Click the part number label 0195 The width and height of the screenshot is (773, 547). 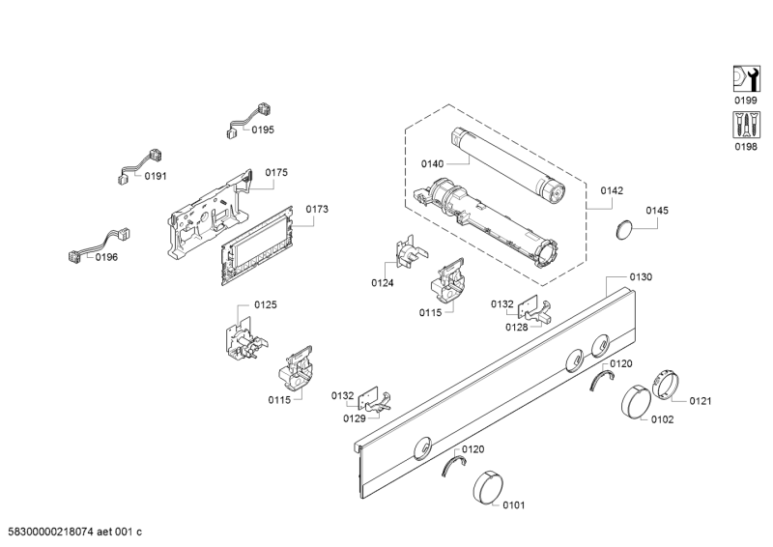coord(263,130)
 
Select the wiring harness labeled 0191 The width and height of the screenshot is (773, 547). coord(141,167)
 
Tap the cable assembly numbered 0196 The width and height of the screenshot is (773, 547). coord(100,245)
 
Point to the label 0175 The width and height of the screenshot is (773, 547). coord(276,172)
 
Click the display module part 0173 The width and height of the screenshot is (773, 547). coord(257,245)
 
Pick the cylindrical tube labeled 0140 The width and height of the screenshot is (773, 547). coord(508,164)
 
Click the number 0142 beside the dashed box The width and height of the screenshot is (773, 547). coord(612,190)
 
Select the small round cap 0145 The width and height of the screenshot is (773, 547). coord(624,230)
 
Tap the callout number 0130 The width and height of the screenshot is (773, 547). coord(641,276)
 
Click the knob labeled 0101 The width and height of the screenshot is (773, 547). coord(488,488)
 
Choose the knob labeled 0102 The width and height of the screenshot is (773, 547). coord(637,403)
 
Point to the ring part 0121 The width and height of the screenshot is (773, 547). coord(665,385)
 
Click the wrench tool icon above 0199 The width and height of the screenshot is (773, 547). coord(746,79)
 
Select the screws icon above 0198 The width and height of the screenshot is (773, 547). coord(746,125)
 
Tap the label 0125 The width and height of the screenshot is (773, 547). coord(266,304)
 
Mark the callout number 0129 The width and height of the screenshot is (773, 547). coord(355,418)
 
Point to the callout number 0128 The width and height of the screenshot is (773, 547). coord(517,327)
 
